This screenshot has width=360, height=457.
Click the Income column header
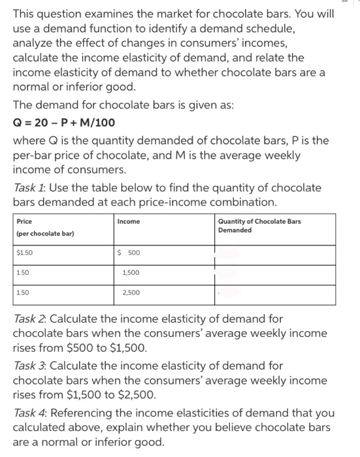click(128, 221)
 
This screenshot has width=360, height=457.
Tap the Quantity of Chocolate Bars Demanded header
click(259, 225)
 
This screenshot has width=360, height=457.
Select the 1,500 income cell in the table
click(129, 274)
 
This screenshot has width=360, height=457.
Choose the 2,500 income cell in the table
click(129, 294)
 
